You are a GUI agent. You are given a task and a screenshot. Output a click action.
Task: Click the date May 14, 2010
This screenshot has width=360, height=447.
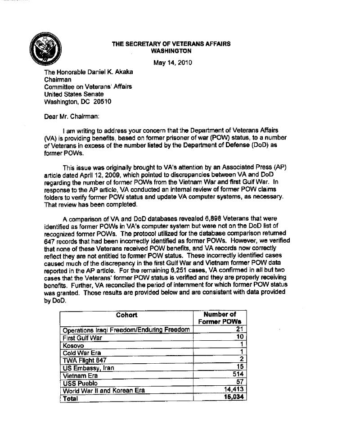tap(173, 63)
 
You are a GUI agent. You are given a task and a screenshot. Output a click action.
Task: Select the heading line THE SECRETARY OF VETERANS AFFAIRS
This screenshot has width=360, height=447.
tap(171, 44)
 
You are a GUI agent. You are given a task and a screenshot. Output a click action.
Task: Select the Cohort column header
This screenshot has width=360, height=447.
tap(126, 315)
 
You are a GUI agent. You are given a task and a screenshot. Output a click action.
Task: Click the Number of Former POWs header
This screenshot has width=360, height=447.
tap(220, 318)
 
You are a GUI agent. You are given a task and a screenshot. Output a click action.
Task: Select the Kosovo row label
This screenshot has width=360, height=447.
tap(73, 345)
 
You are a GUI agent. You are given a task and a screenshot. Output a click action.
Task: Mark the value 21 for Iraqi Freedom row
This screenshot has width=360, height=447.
tap(239, 330)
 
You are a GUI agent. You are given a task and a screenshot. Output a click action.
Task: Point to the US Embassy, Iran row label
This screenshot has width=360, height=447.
tap(88, 368)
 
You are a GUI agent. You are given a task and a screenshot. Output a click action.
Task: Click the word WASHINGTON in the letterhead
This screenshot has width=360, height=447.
tap(171, 51)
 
